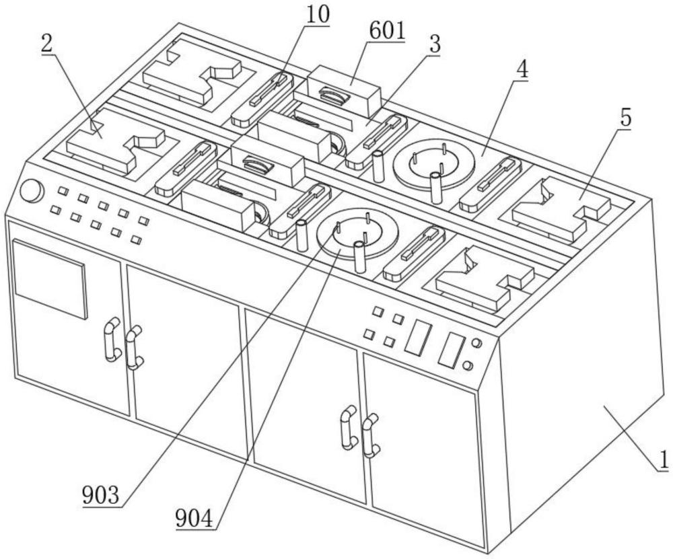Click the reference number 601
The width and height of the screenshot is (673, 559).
tap(386, 31)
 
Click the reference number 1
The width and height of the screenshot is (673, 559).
tap(663, 461)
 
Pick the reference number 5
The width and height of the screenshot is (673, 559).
tap(625, 118)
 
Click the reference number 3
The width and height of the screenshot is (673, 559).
tap(434, 44)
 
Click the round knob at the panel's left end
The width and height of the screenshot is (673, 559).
tap(30, 190)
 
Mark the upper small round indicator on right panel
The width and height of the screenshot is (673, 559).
tap(476, 343)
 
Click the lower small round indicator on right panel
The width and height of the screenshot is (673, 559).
tap(469, 367)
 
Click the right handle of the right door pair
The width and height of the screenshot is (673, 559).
tap(369, 436)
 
